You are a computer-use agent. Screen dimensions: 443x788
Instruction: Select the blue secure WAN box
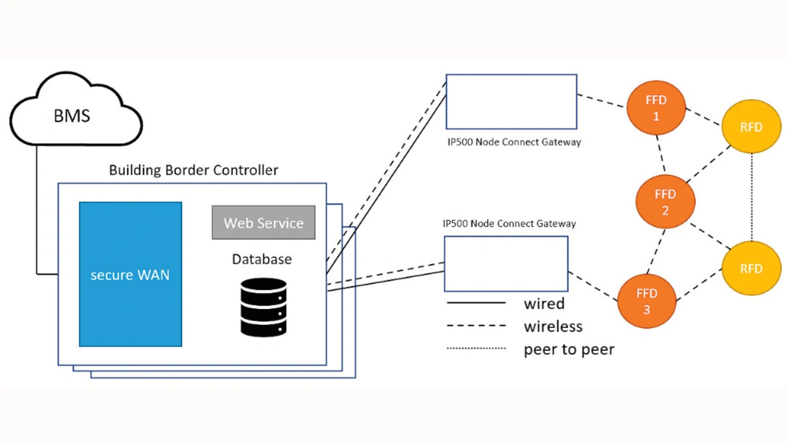click(x=130, y=274)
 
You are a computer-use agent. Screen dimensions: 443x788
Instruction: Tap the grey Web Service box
click(x=263, y=223)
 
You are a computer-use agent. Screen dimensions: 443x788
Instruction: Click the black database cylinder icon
click(x=263, y=307)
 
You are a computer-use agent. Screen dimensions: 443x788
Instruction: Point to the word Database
click(x=262, y=259)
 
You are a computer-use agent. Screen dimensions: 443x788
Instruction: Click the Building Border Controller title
click(x=193, y=170)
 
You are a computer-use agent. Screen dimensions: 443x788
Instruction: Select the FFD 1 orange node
click(x=656, y=108)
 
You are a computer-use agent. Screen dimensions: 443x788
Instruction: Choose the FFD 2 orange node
click(x=665, y=202)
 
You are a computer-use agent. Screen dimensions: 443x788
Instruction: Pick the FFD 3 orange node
click(x=646, y=301)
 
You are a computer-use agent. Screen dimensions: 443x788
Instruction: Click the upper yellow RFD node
click(x=751, y=127)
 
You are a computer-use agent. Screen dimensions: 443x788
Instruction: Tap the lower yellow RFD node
click(x=751, y=268)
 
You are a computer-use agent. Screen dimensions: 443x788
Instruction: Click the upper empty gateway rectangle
click(x=511, y=102)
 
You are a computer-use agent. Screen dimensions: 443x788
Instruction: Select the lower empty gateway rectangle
click(x=506, y=263)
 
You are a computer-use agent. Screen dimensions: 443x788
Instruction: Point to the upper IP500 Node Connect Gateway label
click(x=514, y=142)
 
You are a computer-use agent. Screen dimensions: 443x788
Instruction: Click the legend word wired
click(x=544, y=303)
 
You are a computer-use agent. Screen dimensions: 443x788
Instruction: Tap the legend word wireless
click(x=553, y=326)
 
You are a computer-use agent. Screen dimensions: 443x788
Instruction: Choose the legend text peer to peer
click(x=569, y=349)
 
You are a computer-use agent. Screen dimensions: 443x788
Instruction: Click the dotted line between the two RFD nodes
click(x=752, y=197)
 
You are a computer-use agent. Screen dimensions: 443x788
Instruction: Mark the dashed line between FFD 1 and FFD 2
click(x=660, y=153)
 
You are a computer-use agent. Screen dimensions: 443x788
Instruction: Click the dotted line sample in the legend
click(x=476, y=348)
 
